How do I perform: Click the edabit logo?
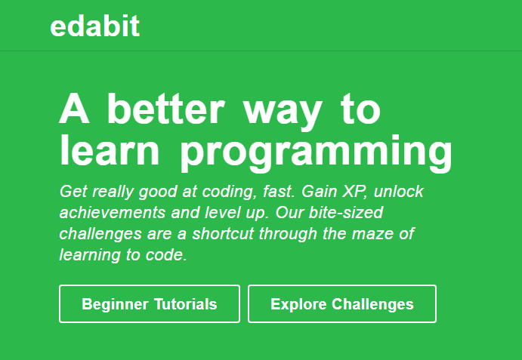(94, 26)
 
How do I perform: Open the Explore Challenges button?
(341, 304)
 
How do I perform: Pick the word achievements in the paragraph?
(108, 213)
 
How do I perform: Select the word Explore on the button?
(298, 304)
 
